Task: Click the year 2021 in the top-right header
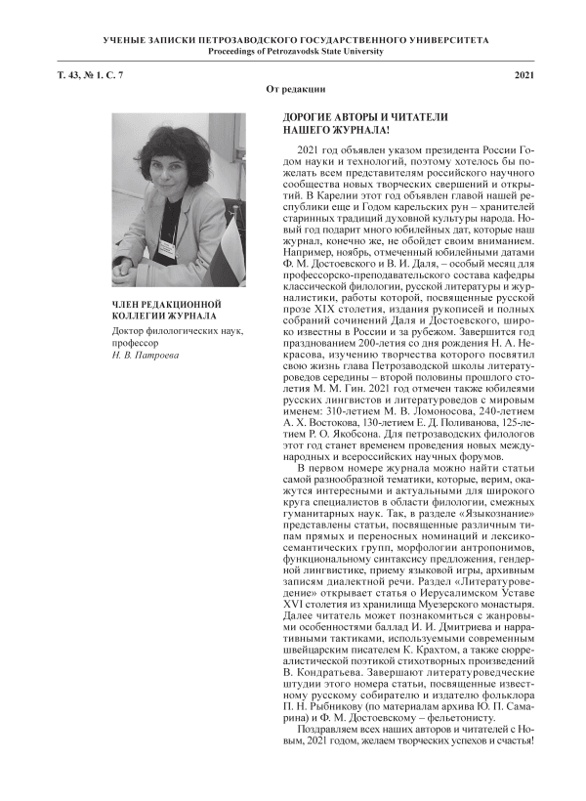[x=523, y=75]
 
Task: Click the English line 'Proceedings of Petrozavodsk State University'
[x=293, y=50]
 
